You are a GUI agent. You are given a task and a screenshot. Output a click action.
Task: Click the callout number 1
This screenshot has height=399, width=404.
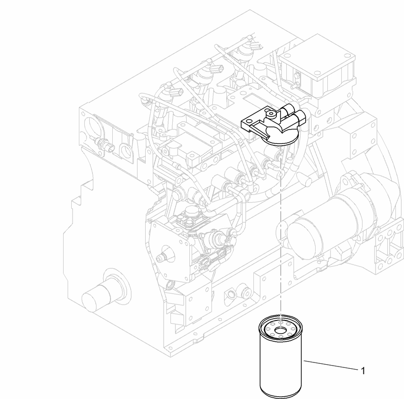tap(363, 371)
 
